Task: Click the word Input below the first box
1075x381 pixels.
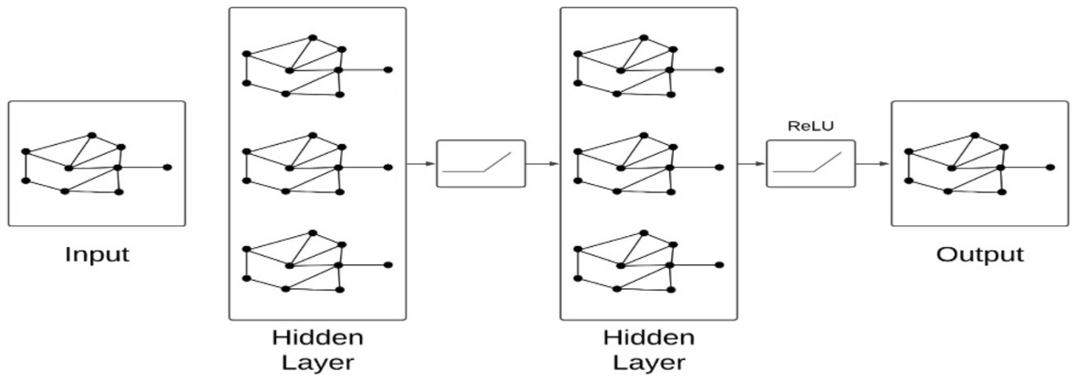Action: click(96, 253)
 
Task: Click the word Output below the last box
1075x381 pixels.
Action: click(980, 253)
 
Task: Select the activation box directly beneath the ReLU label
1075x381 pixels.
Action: click(811, 163)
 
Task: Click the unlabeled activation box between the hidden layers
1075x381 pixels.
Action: click(481, 163)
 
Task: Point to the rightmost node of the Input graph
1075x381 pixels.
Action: click(167, 168)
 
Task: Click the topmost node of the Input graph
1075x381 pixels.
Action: click(91, 135)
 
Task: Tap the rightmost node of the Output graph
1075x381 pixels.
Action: click(1050, 168)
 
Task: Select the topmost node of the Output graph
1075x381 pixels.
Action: click(975, 135)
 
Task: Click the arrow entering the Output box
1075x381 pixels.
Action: click(873, 164)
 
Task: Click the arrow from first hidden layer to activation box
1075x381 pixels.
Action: click(421, 164)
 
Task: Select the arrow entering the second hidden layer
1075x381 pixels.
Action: click(543, 164)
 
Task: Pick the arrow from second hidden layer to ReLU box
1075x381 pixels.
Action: click(751, 164)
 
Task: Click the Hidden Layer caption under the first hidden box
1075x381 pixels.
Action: click(317, 350)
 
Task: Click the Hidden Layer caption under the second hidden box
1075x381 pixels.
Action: click(648, 350)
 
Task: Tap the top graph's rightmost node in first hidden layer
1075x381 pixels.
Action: click(388, 70)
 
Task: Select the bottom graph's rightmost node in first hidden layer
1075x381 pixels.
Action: click(388, 264)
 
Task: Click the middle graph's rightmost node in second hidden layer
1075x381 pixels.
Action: click(719, 167)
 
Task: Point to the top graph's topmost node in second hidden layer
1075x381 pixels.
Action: click(644, 37)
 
